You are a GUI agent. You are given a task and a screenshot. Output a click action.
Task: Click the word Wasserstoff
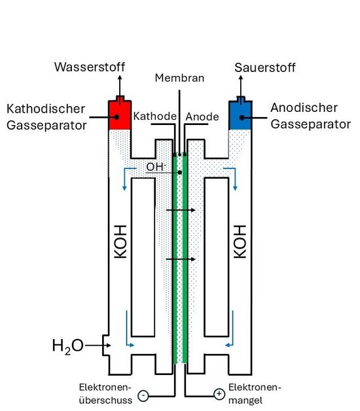tap(90, 67)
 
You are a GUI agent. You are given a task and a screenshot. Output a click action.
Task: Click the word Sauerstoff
tap(265, 67)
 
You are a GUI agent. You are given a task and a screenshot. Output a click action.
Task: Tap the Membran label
tap(179, 78)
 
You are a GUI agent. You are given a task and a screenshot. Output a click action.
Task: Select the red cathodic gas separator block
tap(120, 115)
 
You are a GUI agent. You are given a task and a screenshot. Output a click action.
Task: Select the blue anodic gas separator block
tap(240, 115)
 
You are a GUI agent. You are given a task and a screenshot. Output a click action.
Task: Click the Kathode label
tap(154, 116)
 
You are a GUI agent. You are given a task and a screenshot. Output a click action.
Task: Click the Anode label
tap(202, 117)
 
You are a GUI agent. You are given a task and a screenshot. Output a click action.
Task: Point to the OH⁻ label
tap(155, 167)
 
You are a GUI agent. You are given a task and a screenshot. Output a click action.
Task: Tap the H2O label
tap(68, 346)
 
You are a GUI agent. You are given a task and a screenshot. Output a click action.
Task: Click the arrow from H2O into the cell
tap(98, 346)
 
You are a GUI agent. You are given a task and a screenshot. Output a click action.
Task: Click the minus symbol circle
tap(143, 395)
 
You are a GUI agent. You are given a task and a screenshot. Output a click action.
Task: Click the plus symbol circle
tap(219, 394)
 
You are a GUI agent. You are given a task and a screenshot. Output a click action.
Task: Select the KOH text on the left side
tap(120, 241)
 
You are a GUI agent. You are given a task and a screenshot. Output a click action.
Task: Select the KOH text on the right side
tap(240, 241)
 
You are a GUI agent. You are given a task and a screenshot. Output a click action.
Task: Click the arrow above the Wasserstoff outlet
tap(120, 86)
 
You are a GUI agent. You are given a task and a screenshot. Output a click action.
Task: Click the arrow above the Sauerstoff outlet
tap(241, 86)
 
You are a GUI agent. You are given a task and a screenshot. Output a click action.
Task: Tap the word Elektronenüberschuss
tap(105, 394)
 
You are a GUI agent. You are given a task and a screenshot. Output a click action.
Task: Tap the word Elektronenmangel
tap(255, 394)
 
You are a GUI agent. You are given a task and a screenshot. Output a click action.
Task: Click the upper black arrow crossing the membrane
tap(181, 210)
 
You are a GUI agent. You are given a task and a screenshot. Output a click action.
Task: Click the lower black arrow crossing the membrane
tap(181, 259)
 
